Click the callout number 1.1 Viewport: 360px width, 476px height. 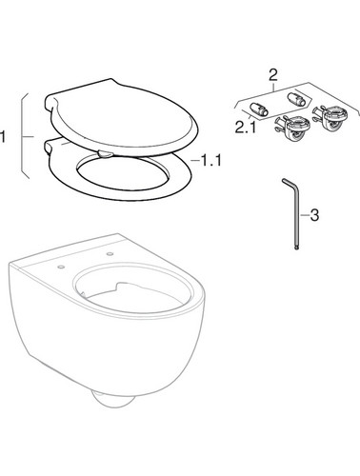(211, 161)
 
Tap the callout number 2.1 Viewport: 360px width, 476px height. (246, 128)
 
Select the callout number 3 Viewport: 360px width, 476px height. (314, 215)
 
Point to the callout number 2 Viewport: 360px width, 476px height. (272, 75)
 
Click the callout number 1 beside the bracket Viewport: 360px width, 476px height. (3, 137)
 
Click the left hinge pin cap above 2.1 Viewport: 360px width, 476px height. (259, 109)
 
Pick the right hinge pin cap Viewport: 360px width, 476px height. (295, 99)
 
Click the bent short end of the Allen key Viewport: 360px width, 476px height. (289, 183)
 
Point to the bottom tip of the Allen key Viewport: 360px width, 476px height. (297, 249)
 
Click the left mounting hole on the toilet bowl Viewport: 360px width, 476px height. (61, 268)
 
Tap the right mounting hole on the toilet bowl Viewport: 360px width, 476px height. (110, 254)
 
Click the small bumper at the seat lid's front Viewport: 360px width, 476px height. (106, 153)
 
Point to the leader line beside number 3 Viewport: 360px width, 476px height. (305, 215)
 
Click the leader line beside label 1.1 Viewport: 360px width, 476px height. (195, 161)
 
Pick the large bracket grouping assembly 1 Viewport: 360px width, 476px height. (23, 136)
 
